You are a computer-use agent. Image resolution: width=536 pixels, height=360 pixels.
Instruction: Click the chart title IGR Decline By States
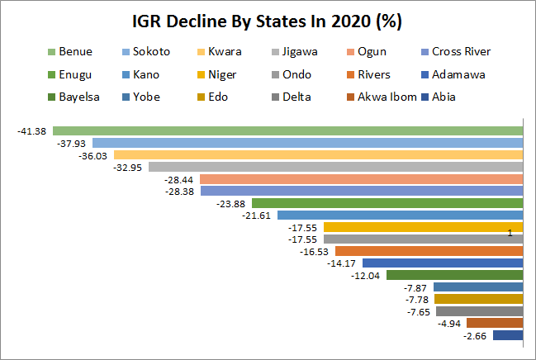click(x=268, y=20)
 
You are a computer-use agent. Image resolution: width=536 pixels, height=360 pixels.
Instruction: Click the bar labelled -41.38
click(x=287, y=130)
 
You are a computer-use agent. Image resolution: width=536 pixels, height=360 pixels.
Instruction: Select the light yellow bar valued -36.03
click(x=318, y=154)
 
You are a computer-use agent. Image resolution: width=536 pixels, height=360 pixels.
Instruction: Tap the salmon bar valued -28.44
click(x=361, y=179)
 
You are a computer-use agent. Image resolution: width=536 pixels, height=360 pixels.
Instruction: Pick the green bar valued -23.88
click(x=387, y=203)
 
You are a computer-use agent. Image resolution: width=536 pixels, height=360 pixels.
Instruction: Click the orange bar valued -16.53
click(x=429, y=251)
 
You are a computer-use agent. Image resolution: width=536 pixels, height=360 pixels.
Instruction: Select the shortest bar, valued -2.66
click(x=507, y=335)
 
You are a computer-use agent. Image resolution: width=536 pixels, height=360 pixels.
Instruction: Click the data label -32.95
click(x=128, y=167)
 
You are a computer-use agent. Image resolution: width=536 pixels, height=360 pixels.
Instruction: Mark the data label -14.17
click(x=342, y=263)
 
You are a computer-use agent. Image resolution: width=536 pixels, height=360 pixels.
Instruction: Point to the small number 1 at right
click(x=510, y=234)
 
